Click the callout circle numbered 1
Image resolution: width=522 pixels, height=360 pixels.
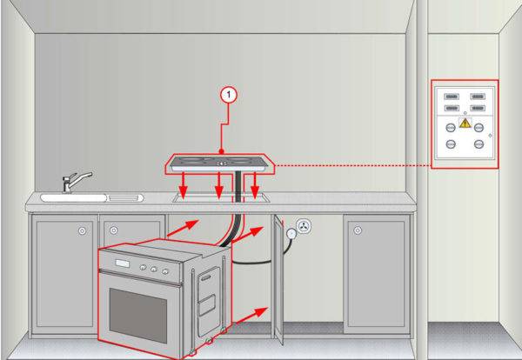(228, 95)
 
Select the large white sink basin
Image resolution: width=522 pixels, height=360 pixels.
(74, 198)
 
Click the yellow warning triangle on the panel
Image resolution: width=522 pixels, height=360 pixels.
(465, 123)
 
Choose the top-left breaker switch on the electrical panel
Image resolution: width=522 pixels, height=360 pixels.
(452, 97)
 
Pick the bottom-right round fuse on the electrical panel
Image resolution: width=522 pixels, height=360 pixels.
(478, 144)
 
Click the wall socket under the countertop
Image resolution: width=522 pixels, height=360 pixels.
(304, 227)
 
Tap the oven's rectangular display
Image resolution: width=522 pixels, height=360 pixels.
(122, 263)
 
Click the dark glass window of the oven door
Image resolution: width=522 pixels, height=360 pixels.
(138, 315)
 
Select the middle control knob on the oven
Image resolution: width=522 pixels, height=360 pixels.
(153, 269)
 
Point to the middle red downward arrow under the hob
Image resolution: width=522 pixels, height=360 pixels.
(218, 186)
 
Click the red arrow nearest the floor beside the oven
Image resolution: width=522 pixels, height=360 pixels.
(251, 316)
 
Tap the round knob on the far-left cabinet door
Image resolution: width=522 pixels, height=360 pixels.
(82, 230)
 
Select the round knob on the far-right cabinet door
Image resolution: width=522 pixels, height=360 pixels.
(358, 230)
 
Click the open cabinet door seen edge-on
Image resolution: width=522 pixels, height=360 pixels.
(278, 279)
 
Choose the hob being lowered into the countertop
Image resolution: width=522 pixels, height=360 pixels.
(219, 163)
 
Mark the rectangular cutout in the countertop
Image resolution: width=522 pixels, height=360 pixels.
(221, 197)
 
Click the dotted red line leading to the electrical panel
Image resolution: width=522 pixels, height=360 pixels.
(353, 165)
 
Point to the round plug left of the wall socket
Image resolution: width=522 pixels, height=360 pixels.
(291, 234)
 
